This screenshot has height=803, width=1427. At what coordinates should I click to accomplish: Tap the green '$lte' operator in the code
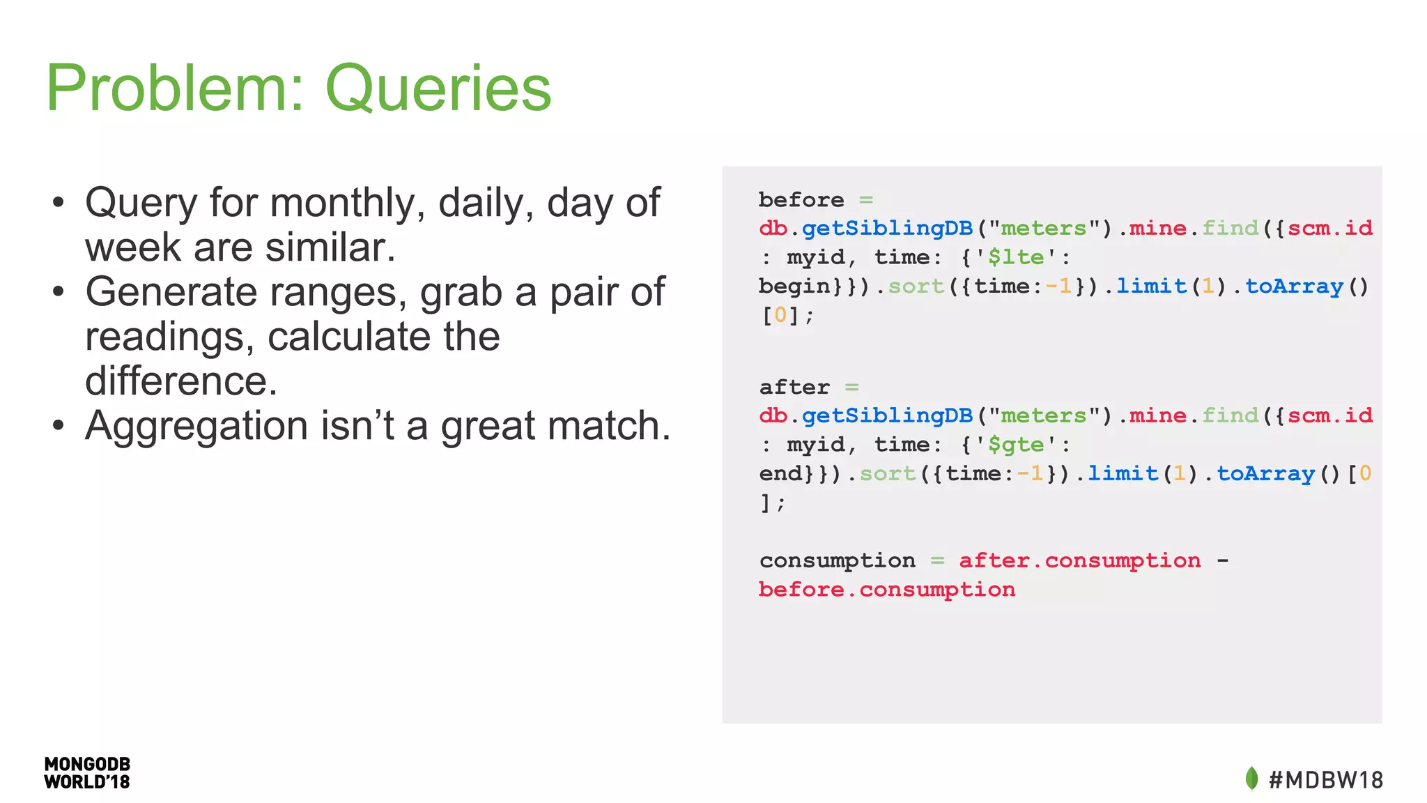[x=1016, y=258]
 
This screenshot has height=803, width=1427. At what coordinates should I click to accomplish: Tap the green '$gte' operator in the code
[x=1016, y=445]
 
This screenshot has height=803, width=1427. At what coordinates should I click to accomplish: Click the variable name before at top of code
[x=801, y=200]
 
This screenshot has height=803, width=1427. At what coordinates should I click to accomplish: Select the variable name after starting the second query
[x=794, y=388]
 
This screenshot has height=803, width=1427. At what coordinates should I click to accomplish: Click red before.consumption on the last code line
[x=886, y=590]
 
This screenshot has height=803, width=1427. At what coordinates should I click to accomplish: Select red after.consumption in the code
[x=1079, y=560]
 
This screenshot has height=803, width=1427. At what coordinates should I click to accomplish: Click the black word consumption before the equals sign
[x=837, y=560]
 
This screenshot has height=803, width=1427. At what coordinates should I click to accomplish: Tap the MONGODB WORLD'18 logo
[x=87, y=773]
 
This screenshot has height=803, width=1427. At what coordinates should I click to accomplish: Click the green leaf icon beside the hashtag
[x=1251, y=779]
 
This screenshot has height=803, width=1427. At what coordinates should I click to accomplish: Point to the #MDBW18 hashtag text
[x=1326, y=780]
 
